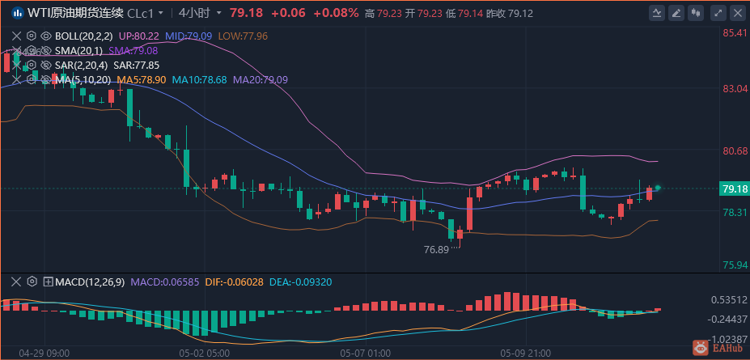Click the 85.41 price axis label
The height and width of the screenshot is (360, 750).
click(x=734, y=33)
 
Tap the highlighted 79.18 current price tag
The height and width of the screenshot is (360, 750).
click(x=733, y=188)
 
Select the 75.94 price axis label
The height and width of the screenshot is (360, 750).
click(x=734, y=265)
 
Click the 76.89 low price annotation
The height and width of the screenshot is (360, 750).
click(x=436, y=250)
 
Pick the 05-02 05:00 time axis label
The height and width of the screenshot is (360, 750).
click(x=204, y=354)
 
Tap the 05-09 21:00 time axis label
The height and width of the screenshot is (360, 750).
click(x=526, y=354)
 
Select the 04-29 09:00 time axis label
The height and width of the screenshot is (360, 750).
click(x=44, y=354)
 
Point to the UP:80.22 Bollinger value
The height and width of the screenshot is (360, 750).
click(x=138, y=36)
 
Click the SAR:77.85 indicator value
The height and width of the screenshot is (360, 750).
click(x=136, y=65)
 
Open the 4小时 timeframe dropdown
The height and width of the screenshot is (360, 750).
click(x=198, y=13)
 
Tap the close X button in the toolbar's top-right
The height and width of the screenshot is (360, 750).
click(x=738, y=13)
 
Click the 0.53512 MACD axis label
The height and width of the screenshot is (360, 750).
click(x=729, y=299)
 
